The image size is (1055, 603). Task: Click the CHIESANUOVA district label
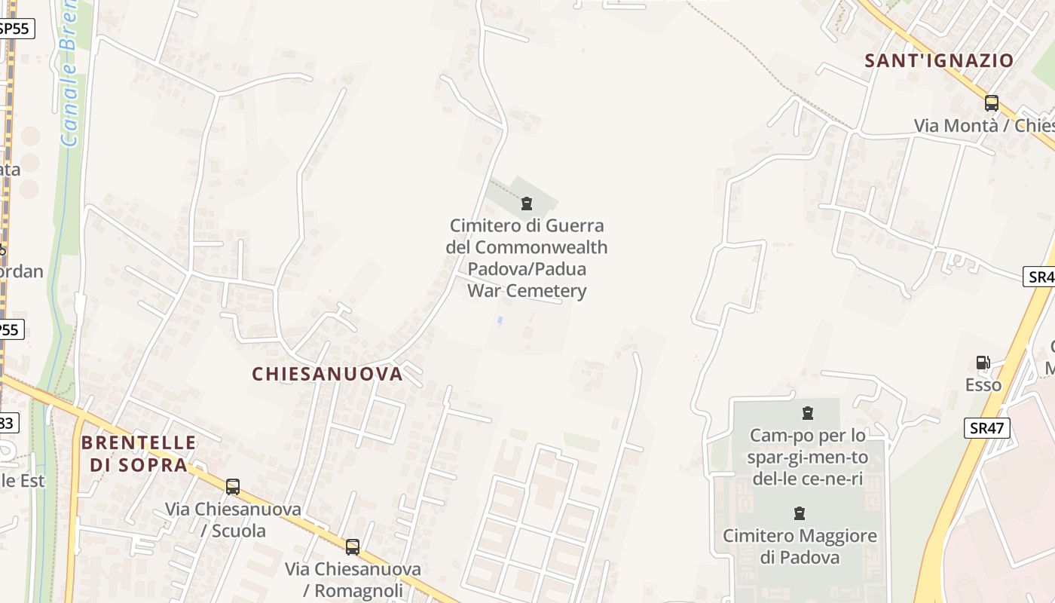point(327,374)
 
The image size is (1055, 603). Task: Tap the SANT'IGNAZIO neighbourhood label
point(939,61)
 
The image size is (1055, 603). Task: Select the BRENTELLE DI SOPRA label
point(138,454)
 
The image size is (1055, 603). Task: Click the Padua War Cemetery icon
point(526,204)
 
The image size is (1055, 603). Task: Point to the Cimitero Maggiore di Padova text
point(800,546)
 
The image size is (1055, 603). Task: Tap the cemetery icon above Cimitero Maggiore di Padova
point(800,514)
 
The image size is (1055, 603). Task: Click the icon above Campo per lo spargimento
point(808,413)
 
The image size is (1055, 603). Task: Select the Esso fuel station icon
point(983,363)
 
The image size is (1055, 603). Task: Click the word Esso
point(983,385)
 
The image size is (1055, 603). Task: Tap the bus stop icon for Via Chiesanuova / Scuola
point(233,487)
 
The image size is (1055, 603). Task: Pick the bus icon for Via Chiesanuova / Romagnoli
point(352,547)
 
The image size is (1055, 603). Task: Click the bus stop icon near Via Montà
point(992,103)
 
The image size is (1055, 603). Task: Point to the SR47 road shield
point(986,428)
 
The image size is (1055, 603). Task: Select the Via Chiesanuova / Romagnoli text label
point(353,580)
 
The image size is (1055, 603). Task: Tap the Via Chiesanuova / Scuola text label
point(233,520)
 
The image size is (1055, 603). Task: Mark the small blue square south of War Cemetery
point(499,320)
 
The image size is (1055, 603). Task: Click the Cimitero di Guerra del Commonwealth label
point(527,258)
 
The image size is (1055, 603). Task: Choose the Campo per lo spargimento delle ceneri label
point(807,458)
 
